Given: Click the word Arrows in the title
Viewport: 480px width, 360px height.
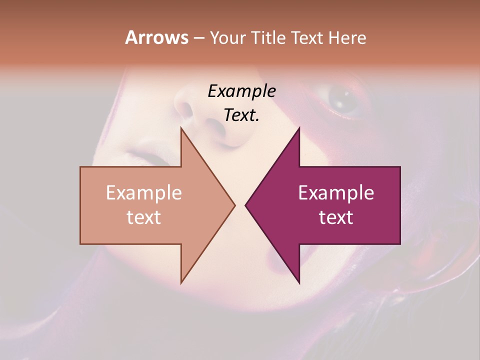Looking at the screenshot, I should tap(157, 37).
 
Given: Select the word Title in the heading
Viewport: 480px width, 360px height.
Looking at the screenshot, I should tap(268, 37).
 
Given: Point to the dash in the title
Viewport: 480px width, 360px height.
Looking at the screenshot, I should tap(199, 38).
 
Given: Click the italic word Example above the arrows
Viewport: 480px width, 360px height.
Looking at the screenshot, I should tap(241, 91).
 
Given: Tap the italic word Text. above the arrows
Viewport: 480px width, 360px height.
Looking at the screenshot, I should tap(241, 115).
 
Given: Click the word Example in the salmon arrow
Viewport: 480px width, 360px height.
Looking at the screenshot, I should tap(143, 193).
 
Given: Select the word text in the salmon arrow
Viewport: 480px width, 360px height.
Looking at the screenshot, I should tap(143, 217).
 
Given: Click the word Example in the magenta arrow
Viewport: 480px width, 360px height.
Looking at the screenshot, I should tap(336, 193).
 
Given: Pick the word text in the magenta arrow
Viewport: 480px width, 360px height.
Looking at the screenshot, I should tap(336, 217).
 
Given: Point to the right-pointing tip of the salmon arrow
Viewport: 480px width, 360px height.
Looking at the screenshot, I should tap(234, 205).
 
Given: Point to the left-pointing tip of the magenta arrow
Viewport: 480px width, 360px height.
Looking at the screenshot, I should tap(246, 205).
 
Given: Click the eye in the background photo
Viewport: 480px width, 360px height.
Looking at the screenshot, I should tap(343, 100).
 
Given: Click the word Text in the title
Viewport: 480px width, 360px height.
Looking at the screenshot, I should tap(306, 37).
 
